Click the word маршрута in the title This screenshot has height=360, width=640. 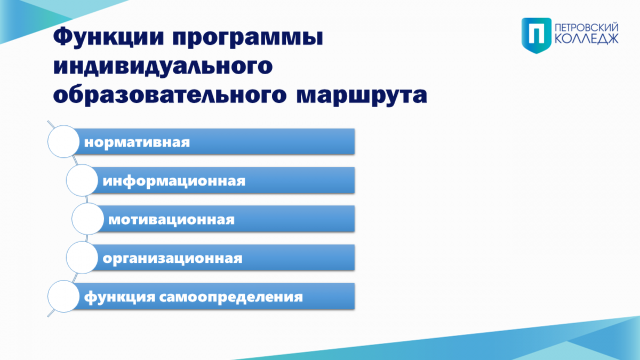pos(362,97)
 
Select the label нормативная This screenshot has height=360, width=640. pos(137,142)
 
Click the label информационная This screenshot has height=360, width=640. pos(174,181)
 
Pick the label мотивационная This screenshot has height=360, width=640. pos(171,220)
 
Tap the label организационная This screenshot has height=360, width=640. pos(172,259)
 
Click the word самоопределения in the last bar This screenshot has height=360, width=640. pos(231,297)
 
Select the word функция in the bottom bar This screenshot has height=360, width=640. pos(119,297)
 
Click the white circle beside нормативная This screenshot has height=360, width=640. pos(63,141)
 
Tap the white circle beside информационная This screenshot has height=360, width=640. pos(82,180)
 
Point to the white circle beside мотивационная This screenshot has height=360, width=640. pos(87,219)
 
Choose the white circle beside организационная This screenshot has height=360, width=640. pos(82,258)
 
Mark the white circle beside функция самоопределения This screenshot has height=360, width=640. pos(63,297)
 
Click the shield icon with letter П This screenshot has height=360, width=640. pos(537,35)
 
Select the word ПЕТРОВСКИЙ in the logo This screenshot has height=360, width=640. pos(587,27)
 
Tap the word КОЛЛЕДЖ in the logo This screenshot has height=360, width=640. pos(587,39)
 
